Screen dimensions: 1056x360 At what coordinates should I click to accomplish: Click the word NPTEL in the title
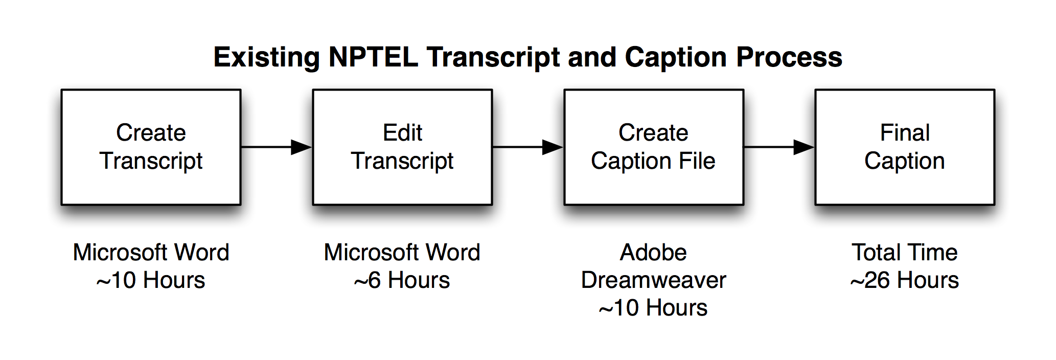[373, 57]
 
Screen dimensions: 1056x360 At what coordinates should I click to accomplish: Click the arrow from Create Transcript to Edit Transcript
[277, 147]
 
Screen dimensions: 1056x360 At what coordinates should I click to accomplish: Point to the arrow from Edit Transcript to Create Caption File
[528, 147]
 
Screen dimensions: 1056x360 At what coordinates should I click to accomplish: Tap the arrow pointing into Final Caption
[779, 147]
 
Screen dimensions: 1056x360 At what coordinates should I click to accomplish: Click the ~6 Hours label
[402, 280]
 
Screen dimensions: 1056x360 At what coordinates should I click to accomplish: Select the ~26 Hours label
[905, 280]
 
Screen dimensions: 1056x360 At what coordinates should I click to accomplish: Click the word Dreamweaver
[654, 280]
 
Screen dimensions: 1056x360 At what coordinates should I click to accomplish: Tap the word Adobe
[654, 252]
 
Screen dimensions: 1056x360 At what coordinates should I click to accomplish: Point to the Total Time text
[905, 252]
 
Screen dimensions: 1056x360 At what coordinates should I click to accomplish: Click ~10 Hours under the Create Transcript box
[151, 280]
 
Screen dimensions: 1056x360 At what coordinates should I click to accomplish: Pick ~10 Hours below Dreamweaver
[654, 308]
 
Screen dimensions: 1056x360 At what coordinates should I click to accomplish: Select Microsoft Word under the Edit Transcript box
[402, 252]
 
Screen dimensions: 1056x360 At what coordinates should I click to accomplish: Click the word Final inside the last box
[905, 132]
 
